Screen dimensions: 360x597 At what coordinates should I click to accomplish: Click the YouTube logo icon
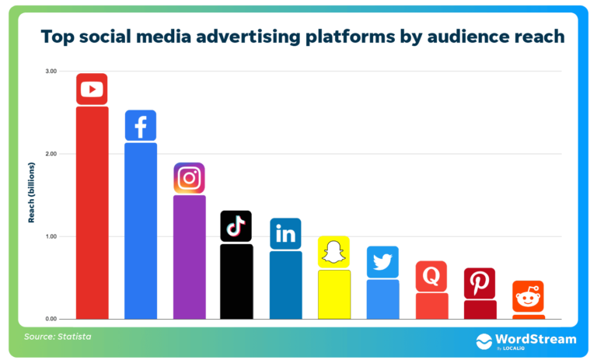click(x=92, y=89)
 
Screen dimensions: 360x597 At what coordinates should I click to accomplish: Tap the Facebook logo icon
click(x=141, y=125)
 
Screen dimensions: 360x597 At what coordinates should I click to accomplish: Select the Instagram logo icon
click(x=189, y=178)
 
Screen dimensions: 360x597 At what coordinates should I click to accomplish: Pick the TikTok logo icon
click(x=236, y=226)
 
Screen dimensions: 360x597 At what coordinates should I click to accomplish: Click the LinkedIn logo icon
click(x=285, y=233)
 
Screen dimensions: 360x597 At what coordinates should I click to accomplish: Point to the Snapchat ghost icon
click(x=333, y=252)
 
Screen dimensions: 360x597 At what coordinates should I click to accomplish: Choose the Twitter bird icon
click(x=382, y=262)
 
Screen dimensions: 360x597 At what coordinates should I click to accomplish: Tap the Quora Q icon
click(x=431, y=276)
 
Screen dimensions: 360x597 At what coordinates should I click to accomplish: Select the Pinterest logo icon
click(x=480, y=283)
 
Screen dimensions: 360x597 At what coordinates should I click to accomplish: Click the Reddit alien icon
click(x=528, y=296)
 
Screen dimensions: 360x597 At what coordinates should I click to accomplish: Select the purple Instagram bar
click(x=189, y=257)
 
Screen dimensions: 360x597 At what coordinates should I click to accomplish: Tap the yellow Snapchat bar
click(x=333, y=294)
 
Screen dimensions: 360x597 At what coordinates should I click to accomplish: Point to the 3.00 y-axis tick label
click(x=51, y=72)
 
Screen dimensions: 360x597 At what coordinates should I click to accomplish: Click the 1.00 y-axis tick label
click(x=51, y=236)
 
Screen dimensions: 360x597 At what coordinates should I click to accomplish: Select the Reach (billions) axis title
click(x=32, y=193)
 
